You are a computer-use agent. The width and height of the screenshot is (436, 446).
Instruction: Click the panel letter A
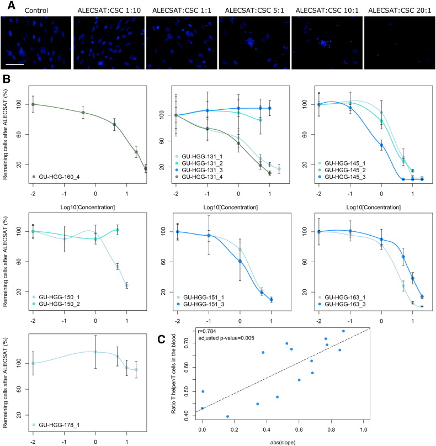click(7, 4)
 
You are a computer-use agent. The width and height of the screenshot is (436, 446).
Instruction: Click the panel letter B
click(7, 80)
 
